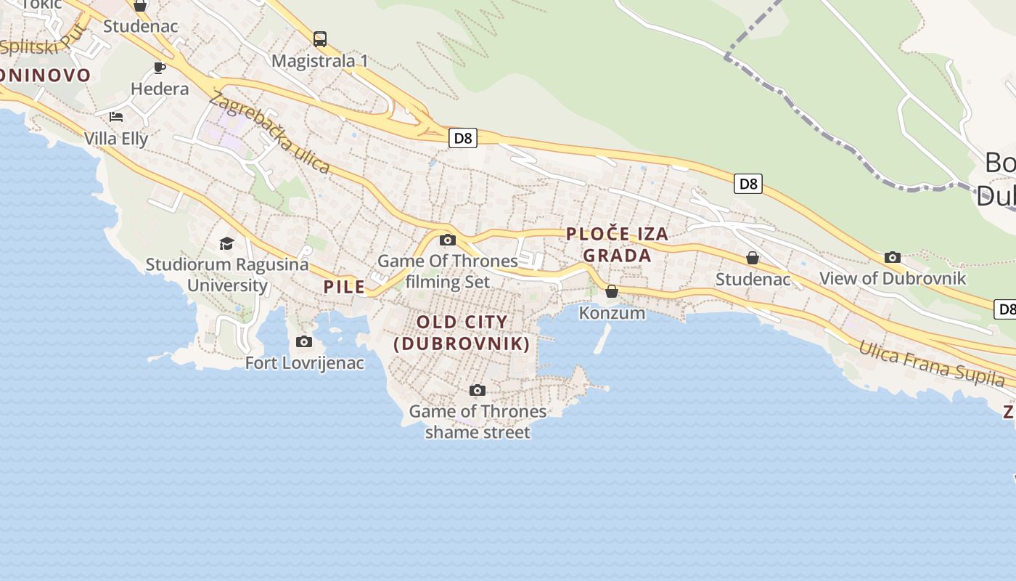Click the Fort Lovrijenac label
pos(305,362)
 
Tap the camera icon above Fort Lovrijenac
pos(304,341)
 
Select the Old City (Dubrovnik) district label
pos(462,333)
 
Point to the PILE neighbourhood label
pos(344,287)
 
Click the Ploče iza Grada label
pos(617,245)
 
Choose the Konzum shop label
pos(612,313)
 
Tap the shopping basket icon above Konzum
pos(612,291)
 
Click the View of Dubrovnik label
pos(892,278)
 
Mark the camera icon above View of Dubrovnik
pos(893,257)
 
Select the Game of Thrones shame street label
pos(478,422)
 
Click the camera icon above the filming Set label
pos(448,240)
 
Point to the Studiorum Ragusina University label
pos(227,275)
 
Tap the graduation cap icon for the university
pos(227,243)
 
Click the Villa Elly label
pos(116,139)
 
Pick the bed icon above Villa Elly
pos(116,116)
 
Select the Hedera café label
pos(160,89)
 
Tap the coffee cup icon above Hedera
pos(160,68)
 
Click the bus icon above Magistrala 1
pos(320,38)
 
